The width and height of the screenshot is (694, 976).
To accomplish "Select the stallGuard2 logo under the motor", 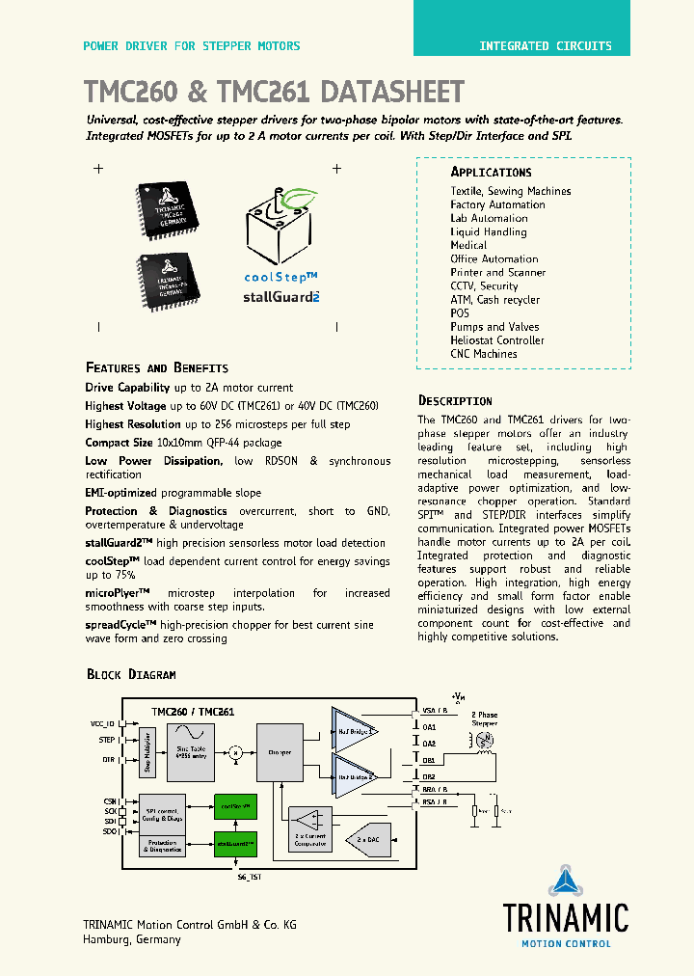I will pyautogui.click(x=280, y=297).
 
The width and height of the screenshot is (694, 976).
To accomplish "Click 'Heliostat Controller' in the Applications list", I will pyautogui.click(x=496, y=340).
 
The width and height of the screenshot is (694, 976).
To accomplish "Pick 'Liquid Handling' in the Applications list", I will pyautogui.click(x=488, y=231).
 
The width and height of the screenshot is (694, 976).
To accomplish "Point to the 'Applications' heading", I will pyautogui.click(x=491, y=172).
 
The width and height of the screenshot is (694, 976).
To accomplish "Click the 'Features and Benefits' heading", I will pyautogui.click(x=157, y=367).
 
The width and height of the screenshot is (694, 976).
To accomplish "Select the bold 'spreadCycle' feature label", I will pyautogui.click(x=119, y=624).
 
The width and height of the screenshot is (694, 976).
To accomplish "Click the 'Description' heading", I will pyautogui.click(x=455, y=400).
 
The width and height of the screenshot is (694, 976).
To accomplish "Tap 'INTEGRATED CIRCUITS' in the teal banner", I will pyautogui.click(x=546, y=45).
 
